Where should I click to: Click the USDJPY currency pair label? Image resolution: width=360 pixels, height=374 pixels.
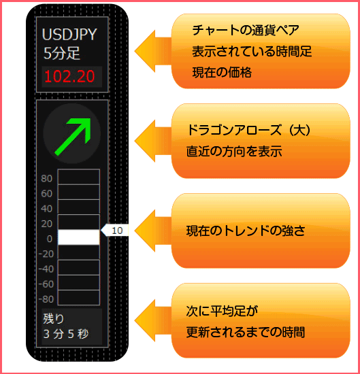point(69,35)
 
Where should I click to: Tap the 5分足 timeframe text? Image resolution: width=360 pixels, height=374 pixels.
point(62,53)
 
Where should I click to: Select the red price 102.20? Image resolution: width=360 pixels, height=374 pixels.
point(69,77)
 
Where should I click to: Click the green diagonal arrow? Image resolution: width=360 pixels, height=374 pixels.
point(73,137)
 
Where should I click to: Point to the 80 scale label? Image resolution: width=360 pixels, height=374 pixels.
point(46,178)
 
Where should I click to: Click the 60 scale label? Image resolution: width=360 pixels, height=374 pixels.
point(46,193)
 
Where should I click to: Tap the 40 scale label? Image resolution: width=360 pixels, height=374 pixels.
point(46,209)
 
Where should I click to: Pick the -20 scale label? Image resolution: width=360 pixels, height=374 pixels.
point(46,254)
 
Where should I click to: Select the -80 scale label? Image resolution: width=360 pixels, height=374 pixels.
point(46,299)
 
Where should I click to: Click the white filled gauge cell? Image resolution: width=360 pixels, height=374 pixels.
point(79,237)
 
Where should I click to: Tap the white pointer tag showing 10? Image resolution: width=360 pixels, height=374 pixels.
point(115,231)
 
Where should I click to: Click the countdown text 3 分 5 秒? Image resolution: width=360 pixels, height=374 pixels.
point(66,334)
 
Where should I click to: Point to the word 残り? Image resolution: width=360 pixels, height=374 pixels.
point(54,319)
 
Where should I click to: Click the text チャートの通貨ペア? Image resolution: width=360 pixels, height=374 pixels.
point(246,31)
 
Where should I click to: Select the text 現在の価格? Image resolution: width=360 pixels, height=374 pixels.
point(222,72)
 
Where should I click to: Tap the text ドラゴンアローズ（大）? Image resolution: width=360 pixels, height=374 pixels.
point(248,131)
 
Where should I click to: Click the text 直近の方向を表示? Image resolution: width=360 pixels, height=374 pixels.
point(234,151)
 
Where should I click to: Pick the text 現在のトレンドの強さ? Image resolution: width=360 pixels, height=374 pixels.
point(246,231)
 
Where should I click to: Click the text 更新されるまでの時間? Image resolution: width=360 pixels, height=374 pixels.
point(246,333)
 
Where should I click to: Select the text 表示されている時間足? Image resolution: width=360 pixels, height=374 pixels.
point(252,51)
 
